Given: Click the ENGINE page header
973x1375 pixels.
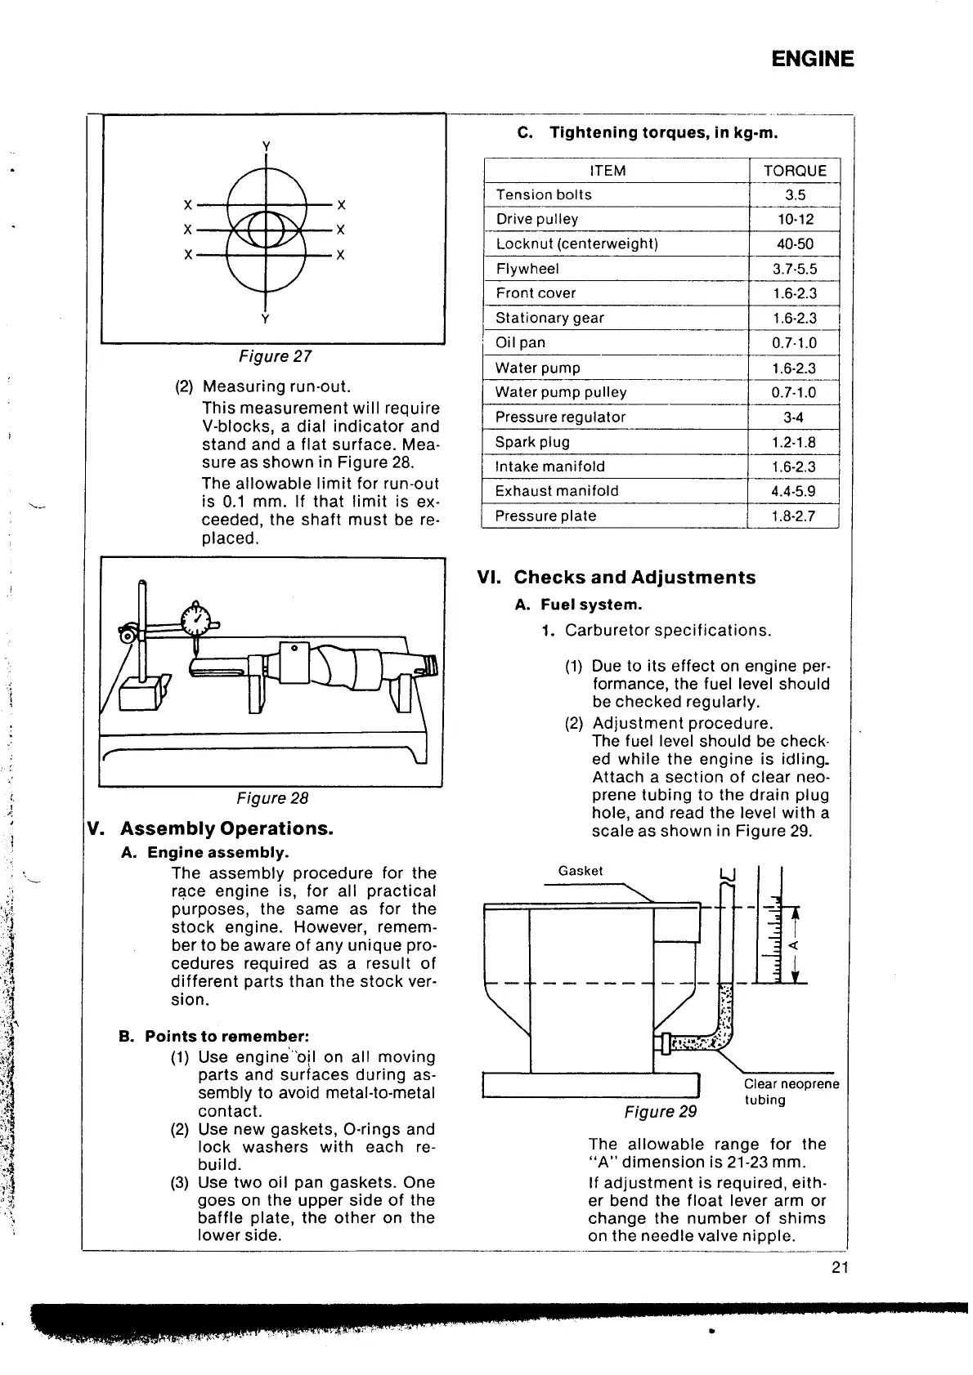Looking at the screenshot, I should (x=812, y=59).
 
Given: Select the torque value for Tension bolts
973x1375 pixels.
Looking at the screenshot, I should (x=795, y=194).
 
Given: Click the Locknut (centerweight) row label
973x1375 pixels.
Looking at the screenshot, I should (x=577, y=243).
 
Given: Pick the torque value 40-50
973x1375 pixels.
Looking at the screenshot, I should (x=795, y=243).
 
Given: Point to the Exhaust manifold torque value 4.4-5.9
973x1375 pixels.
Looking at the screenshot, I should (x=794, y=491).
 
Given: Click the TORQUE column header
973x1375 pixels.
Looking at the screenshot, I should (x=795, y=170).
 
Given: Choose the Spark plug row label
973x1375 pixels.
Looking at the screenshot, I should (x=532, y=442).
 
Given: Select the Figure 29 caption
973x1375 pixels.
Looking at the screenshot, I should (x=660, y=1112).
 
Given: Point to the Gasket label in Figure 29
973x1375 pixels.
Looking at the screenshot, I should (x=580, y=871).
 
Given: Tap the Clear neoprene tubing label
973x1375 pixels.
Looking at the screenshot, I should (x=790, y=1092).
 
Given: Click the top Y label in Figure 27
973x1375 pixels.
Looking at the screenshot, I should (x=266, y=145).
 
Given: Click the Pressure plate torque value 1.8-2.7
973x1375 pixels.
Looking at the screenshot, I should (x=794, y=516).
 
